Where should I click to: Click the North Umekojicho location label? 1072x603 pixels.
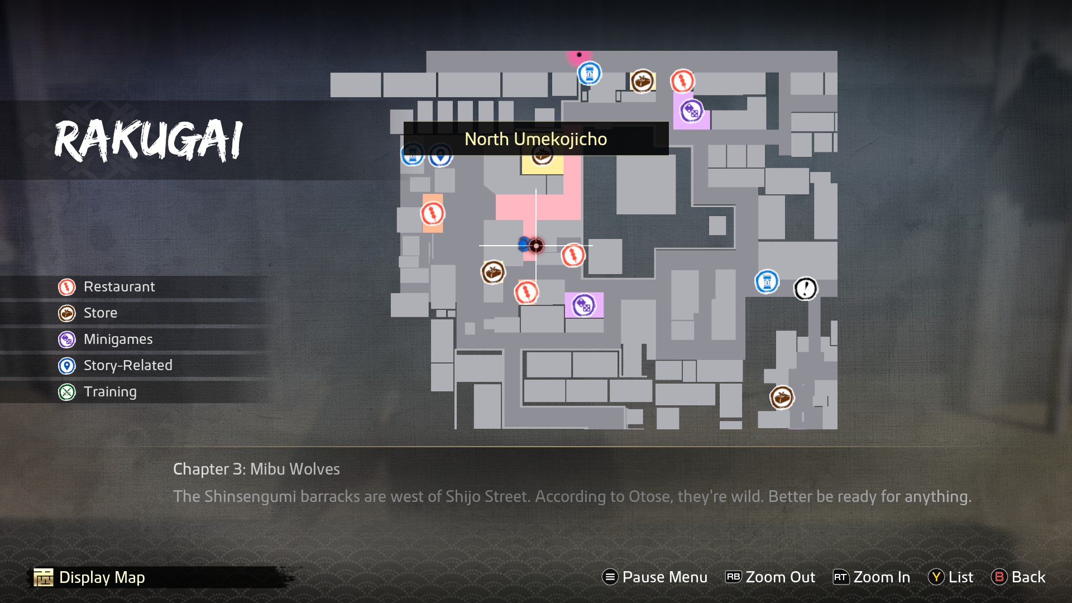coord(535,139)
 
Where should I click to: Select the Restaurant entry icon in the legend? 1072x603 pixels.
coord(67,287)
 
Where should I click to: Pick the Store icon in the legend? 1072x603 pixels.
coord(67,313)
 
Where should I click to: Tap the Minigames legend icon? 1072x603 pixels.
coord(67,339)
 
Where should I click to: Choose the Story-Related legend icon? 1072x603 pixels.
coord(67,366)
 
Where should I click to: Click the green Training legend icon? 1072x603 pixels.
coord(67,392)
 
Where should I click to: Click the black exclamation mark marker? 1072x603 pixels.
coord(805,289)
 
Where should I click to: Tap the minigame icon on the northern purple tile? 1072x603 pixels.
coord(691,111)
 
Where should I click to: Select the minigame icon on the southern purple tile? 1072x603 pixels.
coord(583,305)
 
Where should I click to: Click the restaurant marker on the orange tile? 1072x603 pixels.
coord(432,213)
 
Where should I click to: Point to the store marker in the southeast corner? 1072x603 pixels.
coord(782,398)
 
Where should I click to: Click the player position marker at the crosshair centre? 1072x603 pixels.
coord(536,246)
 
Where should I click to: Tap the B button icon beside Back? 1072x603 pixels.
coord(999,577)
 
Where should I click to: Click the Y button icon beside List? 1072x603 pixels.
coord(936,577)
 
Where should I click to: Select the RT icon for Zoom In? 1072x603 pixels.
coord(840,577)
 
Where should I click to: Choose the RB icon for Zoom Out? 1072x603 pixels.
coord(733,577)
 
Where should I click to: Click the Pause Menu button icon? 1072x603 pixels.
coord(610,577)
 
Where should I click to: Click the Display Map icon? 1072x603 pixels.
coord(44,577)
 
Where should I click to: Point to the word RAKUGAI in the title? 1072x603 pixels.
coord(149,141)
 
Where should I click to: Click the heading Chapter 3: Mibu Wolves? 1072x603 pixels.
coord(256,469)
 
